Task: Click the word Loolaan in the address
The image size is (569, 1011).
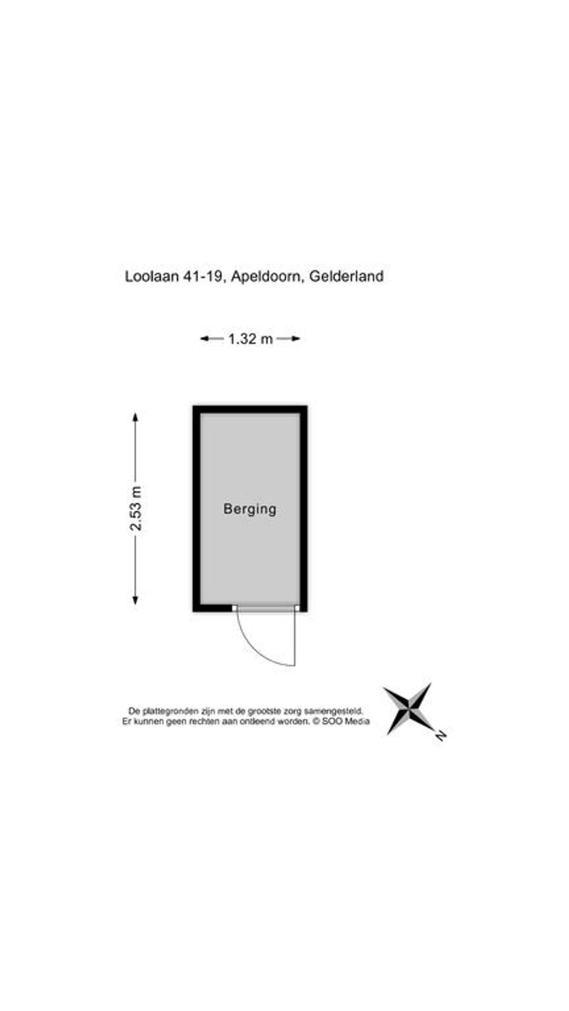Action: click(152, 276)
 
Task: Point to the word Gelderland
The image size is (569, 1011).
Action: click(346, 276)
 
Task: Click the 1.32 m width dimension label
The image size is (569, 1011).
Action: click(250, 339)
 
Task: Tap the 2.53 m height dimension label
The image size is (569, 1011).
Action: click(136, 509)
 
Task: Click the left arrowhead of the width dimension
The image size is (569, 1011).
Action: click(204, 339)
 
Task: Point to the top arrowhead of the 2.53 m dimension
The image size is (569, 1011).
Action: click(135, 418)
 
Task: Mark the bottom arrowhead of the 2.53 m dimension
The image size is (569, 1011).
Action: click(135, 599)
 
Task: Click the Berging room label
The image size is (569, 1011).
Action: click(250, 509)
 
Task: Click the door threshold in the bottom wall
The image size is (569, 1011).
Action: click(266, 608)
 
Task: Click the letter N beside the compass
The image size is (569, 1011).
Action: click(440, 736)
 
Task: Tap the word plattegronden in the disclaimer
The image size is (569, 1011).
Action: click(170, 711)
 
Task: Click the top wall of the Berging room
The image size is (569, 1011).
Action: click(250, 409)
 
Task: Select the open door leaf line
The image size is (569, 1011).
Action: click(295, 638)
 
